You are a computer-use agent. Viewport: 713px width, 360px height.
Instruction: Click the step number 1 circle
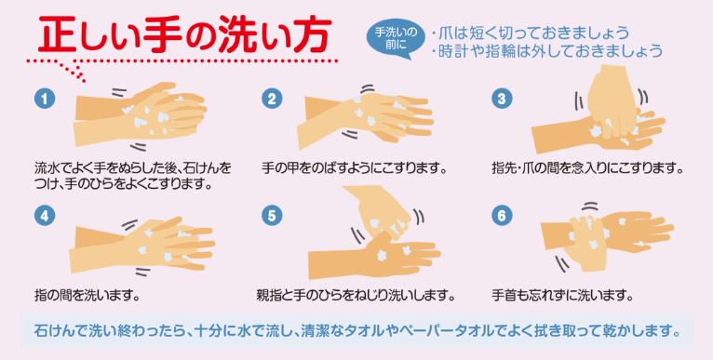pyautogui.click(x=44, y=99)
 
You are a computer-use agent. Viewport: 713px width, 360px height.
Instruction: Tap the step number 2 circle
pyautogui.click(x=272, y=99)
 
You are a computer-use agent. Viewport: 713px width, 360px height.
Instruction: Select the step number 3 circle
pyautogui.click(x=502, y=99)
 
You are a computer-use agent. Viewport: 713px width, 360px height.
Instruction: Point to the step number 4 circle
pyautogui.click(x=44, y=216)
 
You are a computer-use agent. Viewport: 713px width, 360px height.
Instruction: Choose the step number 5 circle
pyautogui.click(x=272, y=216)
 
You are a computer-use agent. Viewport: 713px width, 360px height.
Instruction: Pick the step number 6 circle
pyautogui.click(x=502, y=216)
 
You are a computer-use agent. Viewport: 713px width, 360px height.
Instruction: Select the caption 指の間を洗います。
pyautogui.click(x=87, y=297)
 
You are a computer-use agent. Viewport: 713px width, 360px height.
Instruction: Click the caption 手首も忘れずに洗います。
pyautogui.click(x=563, y=297)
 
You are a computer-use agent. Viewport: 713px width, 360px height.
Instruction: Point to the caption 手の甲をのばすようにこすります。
pyautogui.click(x=355, y=168)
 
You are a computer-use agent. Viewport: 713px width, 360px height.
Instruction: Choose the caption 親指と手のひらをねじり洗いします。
pyautogui.click(x=356, y=297)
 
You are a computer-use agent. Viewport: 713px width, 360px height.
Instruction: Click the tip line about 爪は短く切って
pyautogui.click(x=531, y=33)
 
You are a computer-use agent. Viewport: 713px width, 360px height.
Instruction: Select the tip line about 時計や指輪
pyautogui.click(x=547, y=51)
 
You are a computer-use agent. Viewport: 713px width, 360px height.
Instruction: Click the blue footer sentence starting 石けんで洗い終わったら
pyautogui.click(x=357, y=329)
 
